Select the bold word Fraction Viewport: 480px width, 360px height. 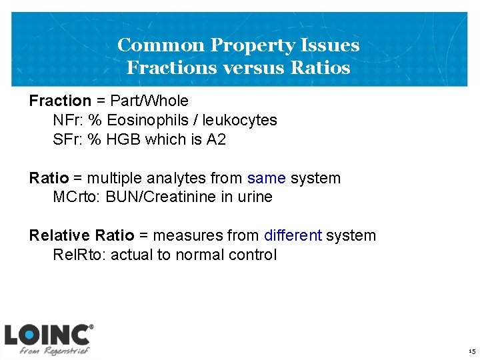60,101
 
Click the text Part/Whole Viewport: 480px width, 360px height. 150,101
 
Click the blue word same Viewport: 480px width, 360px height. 266,179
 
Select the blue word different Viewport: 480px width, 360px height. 293,236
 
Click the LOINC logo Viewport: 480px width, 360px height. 49,339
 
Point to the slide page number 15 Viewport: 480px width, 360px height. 471,351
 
